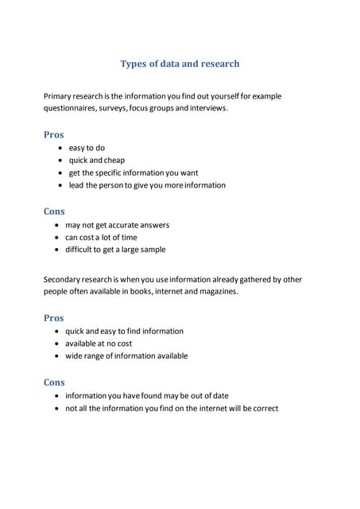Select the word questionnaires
72,109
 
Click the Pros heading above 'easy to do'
53,134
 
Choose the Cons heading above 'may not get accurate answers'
54,212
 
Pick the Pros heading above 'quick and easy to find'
53,318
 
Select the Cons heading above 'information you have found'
54,383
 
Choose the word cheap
114,161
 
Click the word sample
152,250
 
